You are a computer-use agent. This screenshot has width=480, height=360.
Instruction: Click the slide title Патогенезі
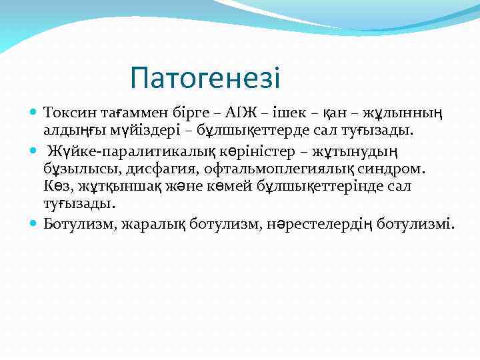tap(205, 78)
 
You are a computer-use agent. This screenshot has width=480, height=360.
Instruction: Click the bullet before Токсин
tap(34, 110)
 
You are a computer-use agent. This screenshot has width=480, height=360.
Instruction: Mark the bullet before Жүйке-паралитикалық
tap(34, 148)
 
